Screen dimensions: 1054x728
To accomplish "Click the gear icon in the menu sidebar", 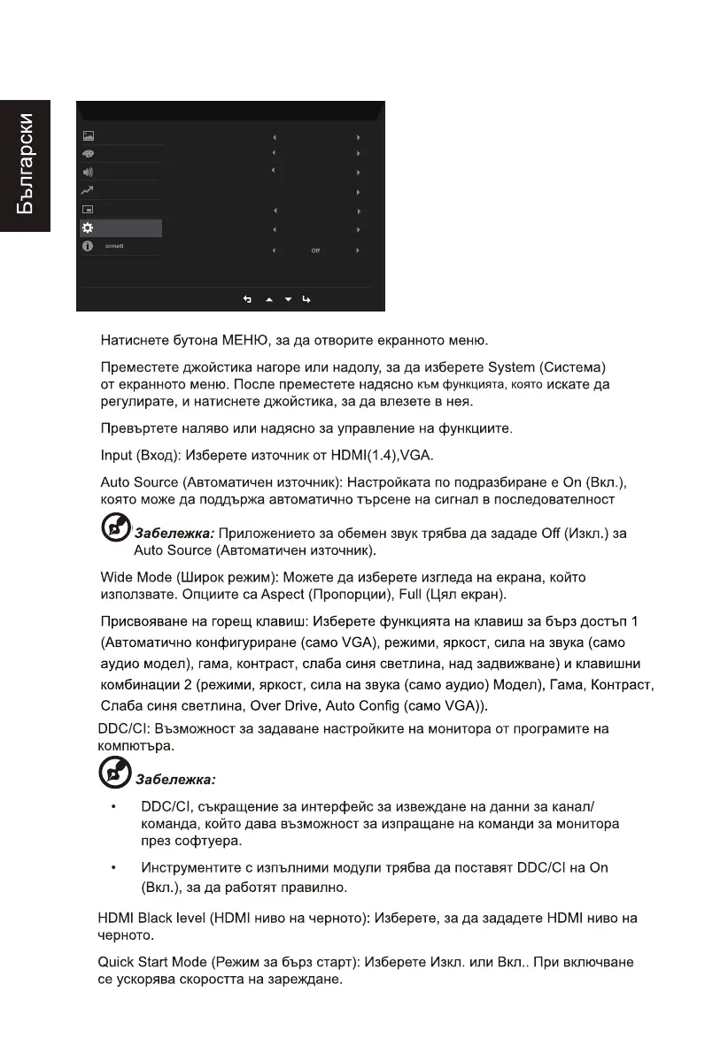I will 88,228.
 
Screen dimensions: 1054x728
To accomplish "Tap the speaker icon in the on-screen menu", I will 88,171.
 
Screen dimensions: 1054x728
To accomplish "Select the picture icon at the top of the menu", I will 88,137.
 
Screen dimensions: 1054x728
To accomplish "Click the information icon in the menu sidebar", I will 88,246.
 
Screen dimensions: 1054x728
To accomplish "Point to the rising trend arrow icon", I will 88,190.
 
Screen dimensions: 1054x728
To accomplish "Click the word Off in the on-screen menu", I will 315,250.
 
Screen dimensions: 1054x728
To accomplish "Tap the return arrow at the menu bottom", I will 248,300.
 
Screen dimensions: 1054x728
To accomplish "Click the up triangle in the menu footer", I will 269,300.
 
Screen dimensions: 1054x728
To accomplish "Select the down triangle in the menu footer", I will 289,300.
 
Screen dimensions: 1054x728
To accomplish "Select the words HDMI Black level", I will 151,919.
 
